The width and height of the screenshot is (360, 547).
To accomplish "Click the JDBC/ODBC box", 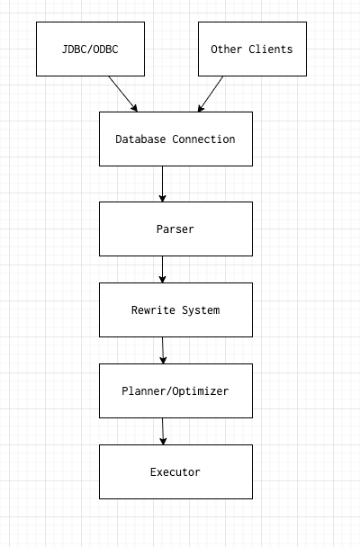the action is point(90,49).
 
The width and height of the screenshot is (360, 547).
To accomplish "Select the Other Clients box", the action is point(252,49).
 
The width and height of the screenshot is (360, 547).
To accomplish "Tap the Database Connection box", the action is point(175,139).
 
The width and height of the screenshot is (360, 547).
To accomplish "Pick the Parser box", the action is point(175,229).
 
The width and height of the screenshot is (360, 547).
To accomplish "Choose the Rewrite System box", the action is point(175,309).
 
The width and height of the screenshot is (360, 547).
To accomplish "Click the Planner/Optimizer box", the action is point(175,390).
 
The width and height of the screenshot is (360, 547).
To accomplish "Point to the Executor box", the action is point(175,471).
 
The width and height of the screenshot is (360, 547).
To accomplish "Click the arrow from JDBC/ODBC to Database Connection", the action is point(122,94).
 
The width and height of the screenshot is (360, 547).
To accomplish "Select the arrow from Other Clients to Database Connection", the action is point(211,94).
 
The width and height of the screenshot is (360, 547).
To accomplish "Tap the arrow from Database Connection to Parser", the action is point(162,184).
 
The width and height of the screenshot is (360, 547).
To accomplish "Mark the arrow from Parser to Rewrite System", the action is point(162,269).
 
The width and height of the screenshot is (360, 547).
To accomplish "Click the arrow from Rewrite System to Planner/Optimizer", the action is point(163,350).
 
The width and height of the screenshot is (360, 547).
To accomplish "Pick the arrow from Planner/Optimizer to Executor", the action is point(163,431).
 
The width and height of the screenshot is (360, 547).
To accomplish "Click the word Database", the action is point(140,139).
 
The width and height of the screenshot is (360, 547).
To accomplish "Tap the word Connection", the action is point(203,139).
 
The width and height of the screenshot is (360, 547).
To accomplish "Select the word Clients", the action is point(271,49).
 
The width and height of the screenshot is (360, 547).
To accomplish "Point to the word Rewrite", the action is point(153,310).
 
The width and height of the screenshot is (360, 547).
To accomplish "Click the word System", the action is point(201,310).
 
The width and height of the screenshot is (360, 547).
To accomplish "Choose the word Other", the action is point(227,49).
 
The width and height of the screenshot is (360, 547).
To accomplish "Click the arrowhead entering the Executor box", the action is point(163,441).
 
